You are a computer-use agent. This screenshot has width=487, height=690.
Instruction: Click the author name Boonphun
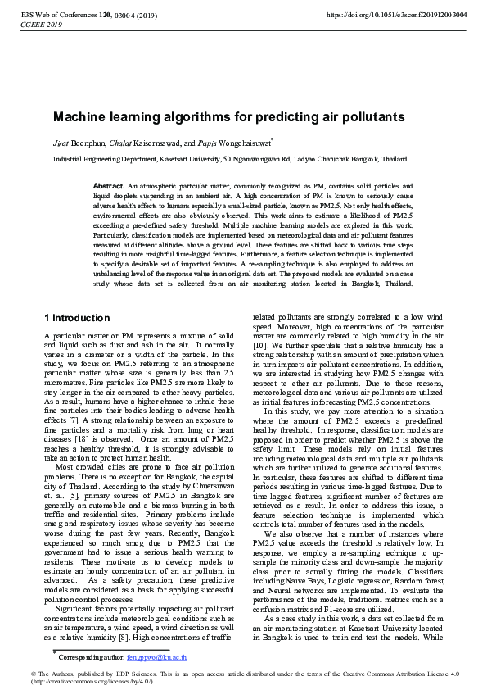coord(84,143)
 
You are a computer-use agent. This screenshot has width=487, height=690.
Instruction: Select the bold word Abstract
coord(109,187)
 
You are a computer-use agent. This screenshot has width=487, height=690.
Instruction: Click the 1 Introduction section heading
coord(77,317)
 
